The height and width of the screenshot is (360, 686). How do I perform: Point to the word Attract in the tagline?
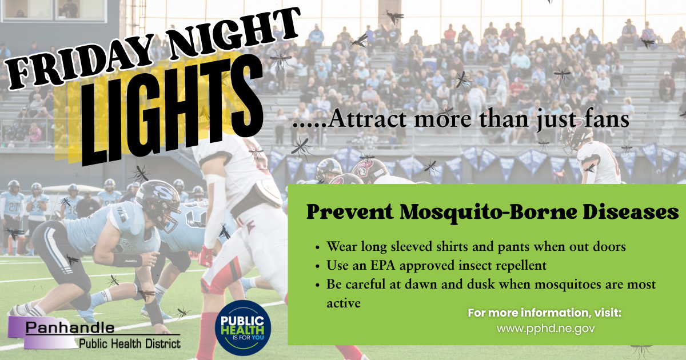click(368, 119)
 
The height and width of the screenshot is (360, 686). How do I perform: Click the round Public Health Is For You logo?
click(243, 327)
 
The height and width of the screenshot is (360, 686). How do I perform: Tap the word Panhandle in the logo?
click(70, 328)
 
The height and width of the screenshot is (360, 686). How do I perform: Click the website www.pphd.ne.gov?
click(545, 329)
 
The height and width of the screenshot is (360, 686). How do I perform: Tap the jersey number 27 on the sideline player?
click(12, 207)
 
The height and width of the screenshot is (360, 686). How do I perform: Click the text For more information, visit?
click(544, 313)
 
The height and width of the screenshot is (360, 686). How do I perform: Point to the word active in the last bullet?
click(344, 303)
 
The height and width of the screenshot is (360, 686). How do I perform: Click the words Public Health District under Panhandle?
click(130, 344)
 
